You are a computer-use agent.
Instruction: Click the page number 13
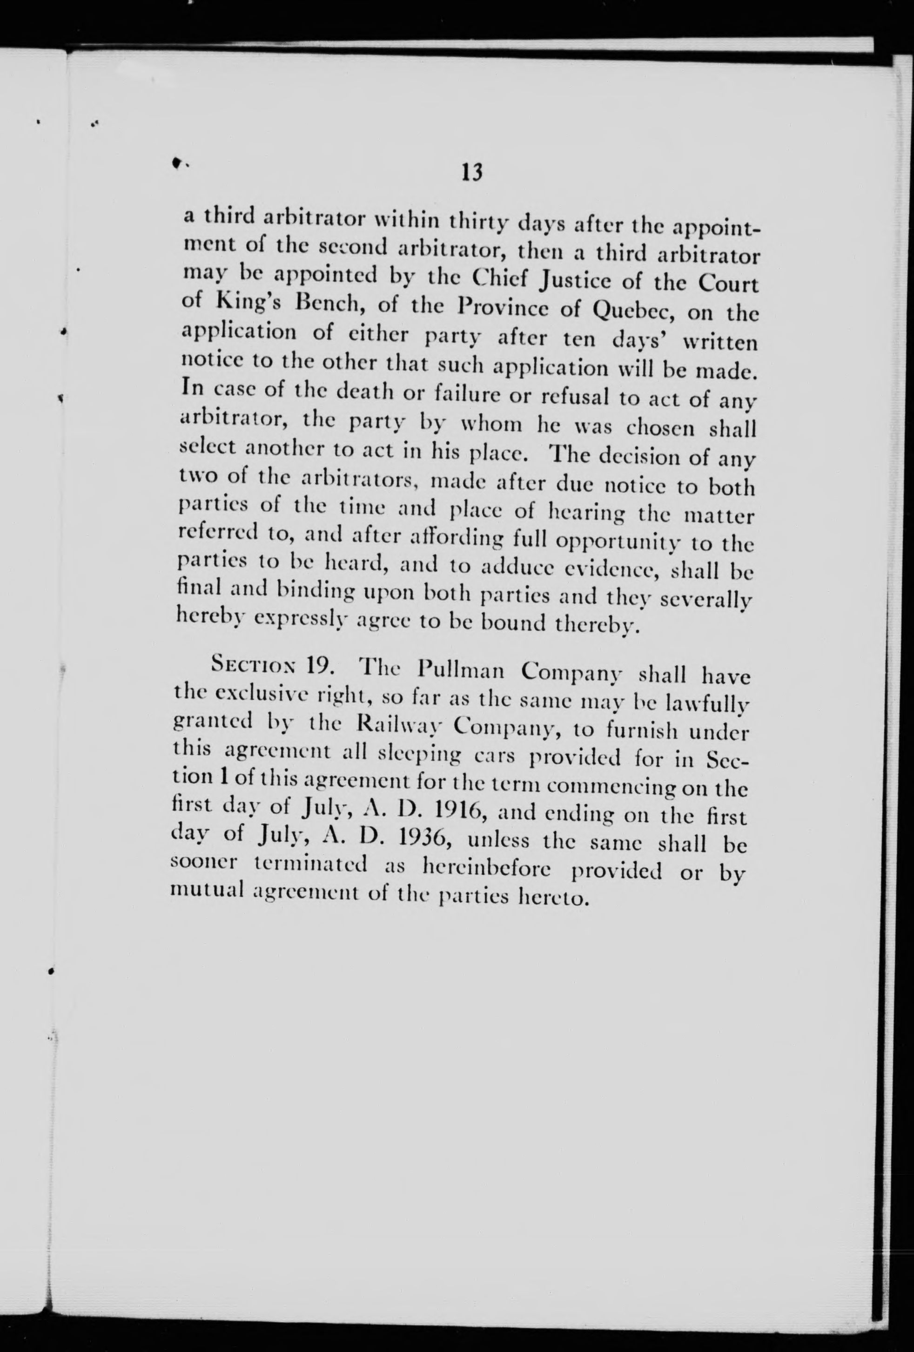coord(471,173)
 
